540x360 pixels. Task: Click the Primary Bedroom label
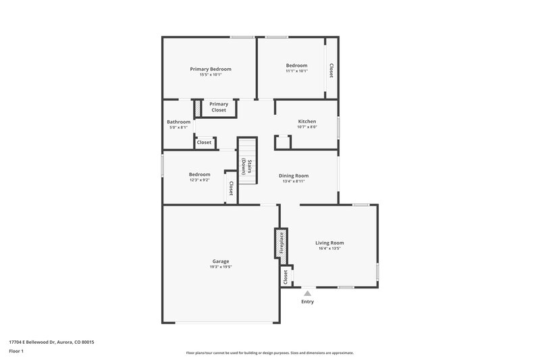211,69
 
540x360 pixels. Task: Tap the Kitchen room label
307,122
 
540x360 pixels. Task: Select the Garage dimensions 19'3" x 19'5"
220,267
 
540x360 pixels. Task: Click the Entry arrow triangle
307,293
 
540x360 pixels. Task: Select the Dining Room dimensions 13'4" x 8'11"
293,181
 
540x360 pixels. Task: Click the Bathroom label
179,122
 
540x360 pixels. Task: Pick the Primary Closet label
219,107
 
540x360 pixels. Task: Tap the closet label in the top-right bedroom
331,70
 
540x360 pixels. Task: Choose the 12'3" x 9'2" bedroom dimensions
199,180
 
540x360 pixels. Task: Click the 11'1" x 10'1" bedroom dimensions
296,71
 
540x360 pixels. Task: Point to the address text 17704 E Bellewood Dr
51,342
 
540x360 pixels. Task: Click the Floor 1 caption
17,352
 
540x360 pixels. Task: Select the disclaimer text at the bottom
270,353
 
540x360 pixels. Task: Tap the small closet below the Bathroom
204,143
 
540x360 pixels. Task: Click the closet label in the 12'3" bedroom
231,188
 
